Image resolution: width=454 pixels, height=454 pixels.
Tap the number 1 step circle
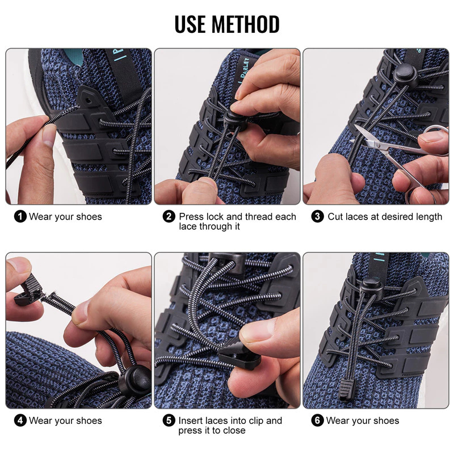(20, 216)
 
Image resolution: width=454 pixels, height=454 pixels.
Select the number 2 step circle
(169, 216)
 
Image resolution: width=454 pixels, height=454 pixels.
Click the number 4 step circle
(20, 421)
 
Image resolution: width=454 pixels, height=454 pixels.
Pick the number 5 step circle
(169, 421)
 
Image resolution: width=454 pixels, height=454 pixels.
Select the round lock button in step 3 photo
(405, 74)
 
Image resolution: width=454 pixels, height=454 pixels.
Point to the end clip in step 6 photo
(346, 391)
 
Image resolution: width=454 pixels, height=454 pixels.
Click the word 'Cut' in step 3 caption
(335, 216)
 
